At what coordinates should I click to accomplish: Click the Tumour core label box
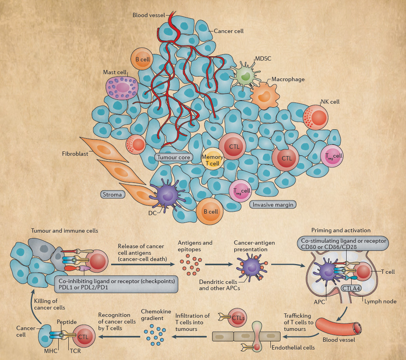(x=173, y=157)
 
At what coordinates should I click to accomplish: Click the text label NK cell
(x=330, y=102)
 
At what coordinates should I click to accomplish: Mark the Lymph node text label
(x=380, y=301)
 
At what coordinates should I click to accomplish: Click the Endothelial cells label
(x=293, y=347)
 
